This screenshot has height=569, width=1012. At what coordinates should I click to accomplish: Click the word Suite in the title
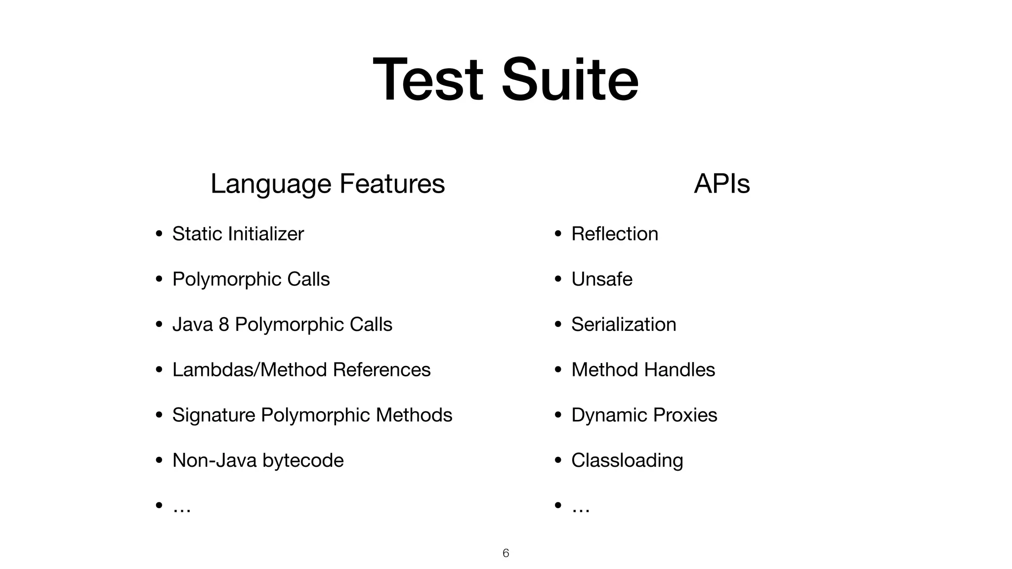point(570,80)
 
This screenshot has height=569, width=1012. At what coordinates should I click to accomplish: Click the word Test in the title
point(427,80)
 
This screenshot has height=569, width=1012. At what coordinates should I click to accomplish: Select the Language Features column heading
point(328,184)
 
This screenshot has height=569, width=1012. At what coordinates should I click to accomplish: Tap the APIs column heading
point(721,184)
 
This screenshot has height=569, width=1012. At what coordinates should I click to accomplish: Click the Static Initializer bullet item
point(238,234)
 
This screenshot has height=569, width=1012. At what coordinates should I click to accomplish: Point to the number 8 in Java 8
point(223,325)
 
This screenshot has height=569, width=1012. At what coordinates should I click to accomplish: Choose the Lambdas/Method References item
point(301,370)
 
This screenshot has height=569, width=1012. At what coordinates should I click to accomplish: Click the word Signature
point(213,415)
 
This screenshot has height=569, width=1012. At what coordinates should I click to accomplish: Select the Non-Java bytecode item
point(257,460)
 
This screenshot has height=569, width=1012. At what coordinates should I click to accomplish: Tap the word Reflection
point(614,234)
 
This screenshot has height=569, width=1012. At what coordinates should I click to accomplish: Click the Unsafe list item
point(601,279)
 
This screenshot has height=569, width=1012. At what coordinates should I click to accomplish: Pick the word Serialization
point(624,325)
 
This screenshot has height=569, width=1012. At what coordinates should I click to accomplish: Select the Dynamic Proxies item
point(644,415)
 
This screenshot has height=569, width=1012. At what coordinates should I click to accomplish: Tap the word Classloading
point(627,460)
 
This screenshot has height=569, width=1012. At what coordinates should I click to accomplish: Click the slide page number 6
point(506,553)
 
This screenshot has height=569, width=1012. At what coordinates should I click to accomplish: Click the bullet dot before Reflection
point(558,234)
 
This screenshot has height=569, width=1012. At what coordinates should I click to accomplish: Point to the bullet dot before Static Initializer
point(159,234)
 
